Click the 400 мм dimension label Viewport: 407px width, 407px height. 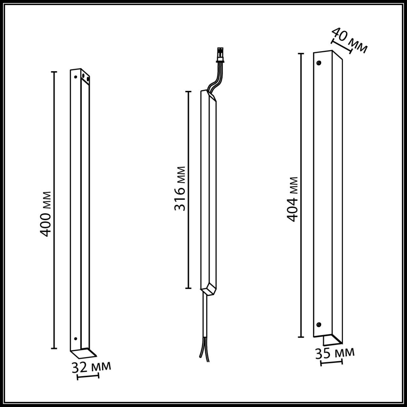click(x=45, y=214)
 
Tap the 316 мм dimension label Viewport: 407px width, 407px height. click(x=180, y=189)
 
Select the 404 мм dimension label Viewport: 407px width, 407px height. click(x=292, y=199)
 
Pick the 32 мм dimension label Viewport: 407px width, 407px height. click(x=91, y=367)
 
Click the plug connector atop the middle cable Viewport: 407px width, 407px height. click(x=220, y=55)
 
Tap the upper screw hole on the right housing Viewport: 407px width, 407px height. click(x=319, y=63)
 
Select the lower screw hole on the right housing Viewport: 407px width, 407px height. click(x=319, y=330)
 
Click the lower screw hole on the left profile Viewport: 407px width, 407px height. click(x=75, y=345)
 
